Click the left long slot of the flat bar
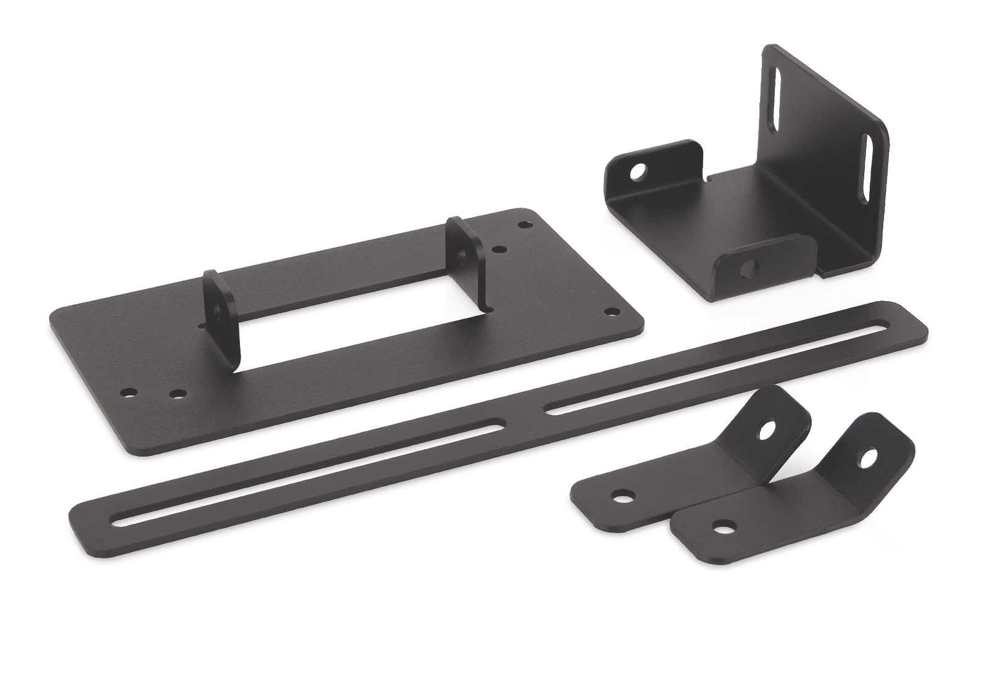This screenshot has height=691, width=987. [x=308, y=473]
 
